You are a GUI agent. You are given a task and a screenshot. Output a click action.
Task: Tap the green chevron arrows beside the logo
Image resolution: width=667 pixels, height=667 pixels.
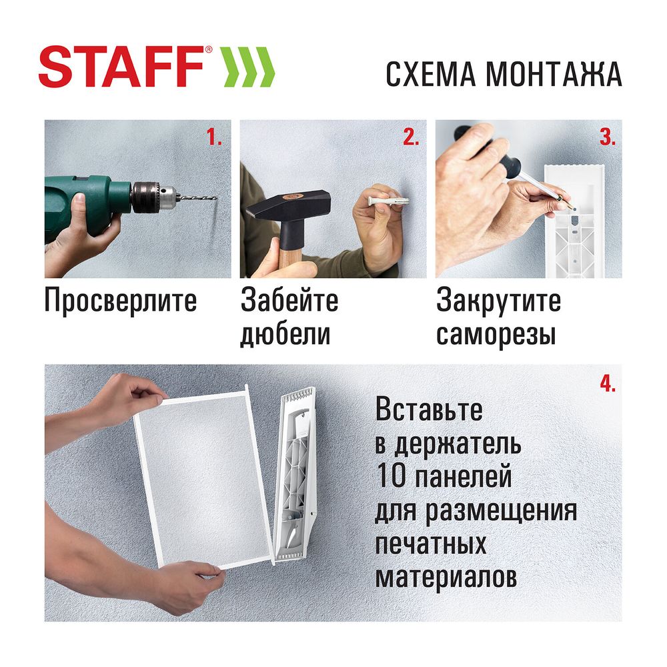248,67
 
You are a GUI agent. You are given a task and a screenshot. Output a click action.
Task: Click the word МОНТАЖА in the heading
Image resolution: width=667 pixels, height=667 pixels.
554,75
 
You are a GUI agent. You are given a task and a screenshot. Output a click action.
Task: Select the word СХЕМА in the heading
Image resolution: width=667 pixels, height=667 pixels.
431,75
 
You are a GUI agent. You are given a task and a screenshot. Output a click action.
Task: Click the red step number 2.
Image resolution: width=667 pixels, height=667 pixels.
410,138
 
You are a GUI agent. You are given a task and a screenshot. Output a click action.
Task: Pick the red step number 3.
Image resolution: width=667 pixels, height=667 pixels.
606,138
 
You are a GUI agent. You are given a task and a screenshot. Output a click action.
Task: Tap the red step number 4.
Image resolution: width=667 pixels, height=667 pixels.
606,383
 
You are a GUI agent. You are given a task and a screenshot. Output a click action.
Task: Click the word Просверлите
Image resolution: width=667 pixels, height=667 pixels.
121,301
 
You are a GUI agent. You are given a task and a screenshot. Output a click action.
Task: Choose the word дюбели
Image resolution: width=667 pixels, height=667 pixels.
285,333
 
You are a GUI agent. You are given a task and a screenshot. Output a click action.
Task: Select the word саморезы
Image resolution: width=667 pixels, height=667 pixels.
496,333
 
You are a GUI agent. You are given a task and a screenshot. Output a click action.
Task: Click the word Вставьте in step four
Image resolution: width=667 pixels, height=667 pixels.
429,410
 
